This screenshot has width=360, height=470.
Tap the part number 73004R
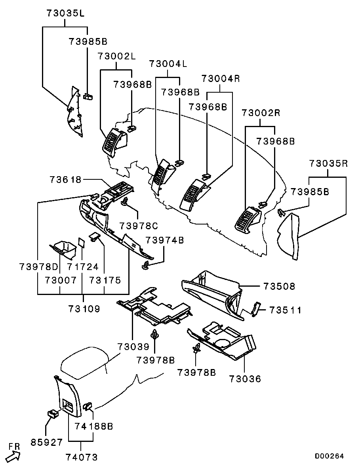pyautogui.click(x=221, y=78)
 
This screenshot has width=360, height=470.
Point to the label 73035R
pyautogui.click(x=328, y=164)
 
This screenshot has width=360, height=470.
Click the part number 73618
pyautogui.click(x=65, y=179)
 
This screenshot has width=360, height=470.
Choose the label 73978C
pyautogui.click(x=139, y=226)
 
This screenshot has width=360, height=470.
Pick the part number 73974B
pyautogui.click(x=165, y=240)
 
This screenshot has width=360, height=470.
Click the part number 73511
pyautogui.click(x=286, y=310)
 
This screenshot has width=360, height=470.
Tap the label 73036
pyautogui.click(x=245, y=379)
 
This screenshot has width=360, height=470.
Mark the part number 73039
pyautogui.click(x=133, y=347)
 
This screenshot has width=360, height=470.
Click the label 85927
pyautogui.click(x=47, y=442)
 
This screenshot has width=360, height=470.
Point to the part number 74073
pyautogui.click(x=81, y=457)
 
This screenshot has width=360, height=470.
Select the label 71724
pyautogui.click(x=82, y=267)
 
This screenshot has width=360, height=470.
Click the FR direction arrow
pyautogui.click(x=13, y=455)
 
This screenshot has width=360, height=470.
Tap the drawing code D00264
pyautogui.click(x=329, y=456)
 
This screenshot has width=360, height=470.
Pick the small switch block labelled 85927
pyautogui.click(x=53, y=414)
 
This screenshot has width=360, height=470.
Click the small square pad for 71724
pyautogui.click(x=81, y=242)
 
